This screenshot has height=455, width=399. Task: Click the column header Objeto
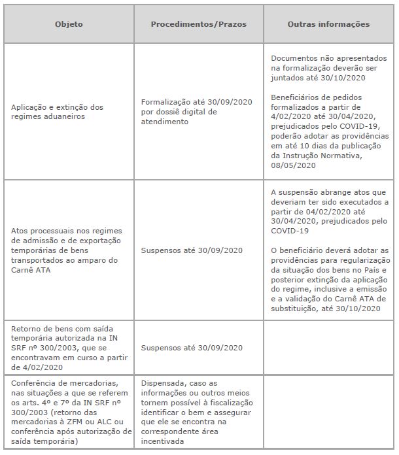(68, 24)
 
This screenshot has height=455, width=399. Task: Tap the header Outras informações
(328, 24)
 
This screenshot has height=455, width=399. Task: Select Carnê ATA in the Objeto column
(31, 269)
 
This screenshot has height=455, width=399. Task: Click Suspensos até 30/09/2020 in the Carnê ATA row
(192, 250)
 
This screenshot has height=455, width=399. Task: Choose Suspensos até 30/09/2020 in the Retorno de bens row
(192, 347)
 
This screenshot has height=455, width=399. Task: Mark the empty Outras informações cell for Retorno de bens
(329, 347)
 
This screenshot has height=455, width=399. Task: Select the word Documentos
(292, 58)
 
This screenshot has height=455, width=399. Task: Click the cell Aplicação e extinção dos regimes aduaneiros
(57, 111)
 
